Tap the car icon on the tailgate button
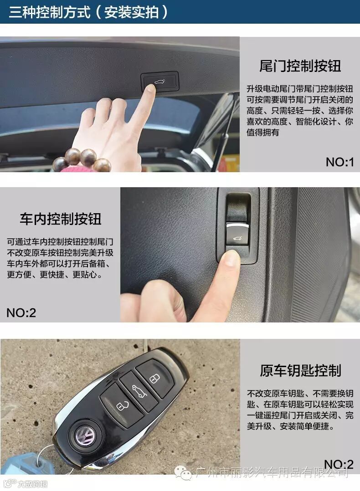point(160,82)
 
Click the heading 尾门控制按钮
point(300,66)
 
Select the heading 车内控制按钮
point(61,219)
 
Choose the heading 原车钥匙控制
point(300,370)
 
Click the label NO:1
point(339,162)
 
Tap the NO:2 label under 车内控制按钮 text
point(21,312)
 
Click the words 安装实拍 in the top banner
point(131,12)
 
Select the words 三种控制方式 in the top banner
point(50,12)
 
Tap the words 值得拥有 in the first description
point(262,133)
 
